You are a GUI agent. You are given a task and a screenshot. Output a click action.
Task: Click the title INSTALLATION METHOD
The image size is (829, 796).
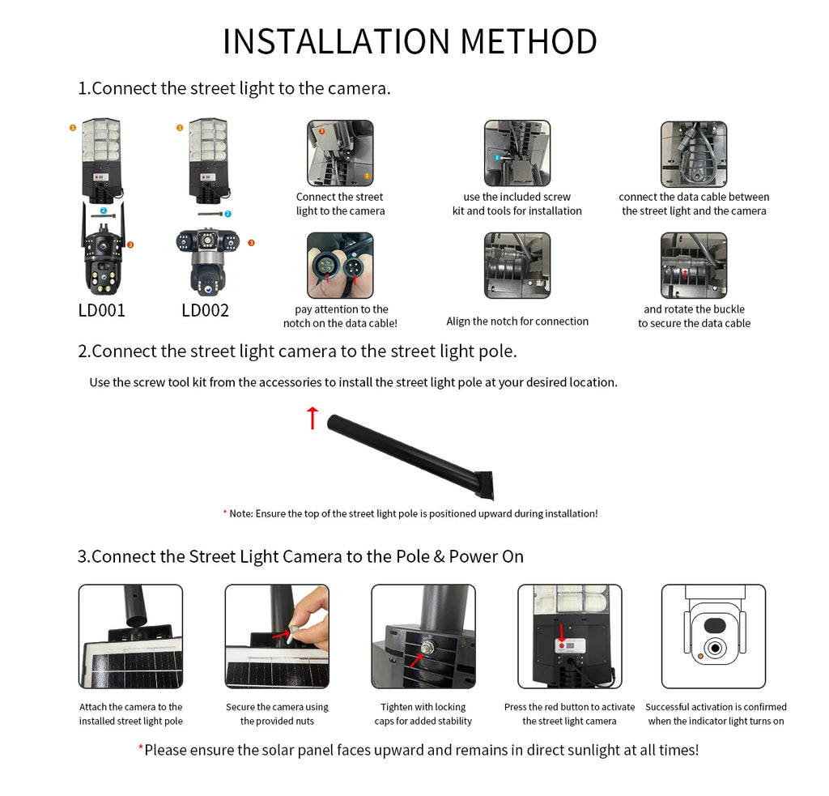point(410,42)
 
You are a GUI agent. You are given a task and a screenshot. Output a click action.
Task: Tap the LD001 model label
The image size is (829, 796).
point(101,310)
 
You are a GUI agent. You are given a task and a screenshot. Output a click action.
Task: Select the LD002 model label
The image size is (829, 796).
point(205,310)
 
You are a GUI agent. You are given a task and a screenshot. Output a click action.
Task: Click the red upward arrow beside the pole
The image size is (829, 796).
point(312,418)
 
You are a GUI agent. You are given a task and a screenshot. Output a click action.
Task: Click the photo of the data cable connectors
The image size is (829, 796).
point(340,266)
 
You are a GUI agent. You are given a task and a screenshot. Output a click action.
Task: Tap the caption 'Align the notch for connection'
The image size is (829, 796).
point(517,321)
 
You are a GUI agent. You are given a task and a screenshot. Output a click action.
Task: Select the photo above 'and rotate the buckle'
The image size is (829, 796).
point(693,266)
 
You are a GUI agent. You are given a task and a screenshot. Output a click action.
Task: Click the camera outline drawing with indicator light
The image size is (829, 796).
point(713,636)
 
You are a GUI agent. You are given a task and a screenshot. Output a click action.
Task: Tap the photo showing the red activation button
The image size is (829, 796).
point(569,636)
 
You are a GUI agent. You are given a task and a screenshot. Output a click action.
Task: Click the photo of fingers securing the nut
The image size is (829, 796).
point(277,636)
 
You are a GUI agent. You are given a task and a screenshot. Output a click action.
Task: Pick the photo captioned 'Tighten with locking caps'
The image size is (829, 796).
point(423,636)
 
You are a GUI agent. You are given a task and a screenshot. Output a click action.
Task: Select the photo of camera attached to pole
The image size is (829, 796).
point(130,636)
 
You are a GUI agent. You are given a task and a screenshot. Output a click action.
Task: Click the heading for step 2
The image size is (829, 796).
point(297,351)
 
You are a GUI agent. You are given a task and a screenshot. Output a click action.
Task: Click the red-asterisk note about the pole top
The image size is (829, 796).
point(410,513)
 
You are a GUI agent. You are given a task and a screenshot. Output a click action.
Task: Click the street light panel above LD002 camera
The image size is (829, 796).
point(205,158)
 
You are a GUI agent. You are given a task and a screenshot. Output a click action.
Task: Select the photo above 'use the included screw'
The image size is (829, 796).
point(517,153)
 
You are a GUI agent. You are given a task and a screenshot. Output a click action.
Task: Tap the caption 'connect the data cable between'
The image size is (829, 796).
point(694,197)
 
